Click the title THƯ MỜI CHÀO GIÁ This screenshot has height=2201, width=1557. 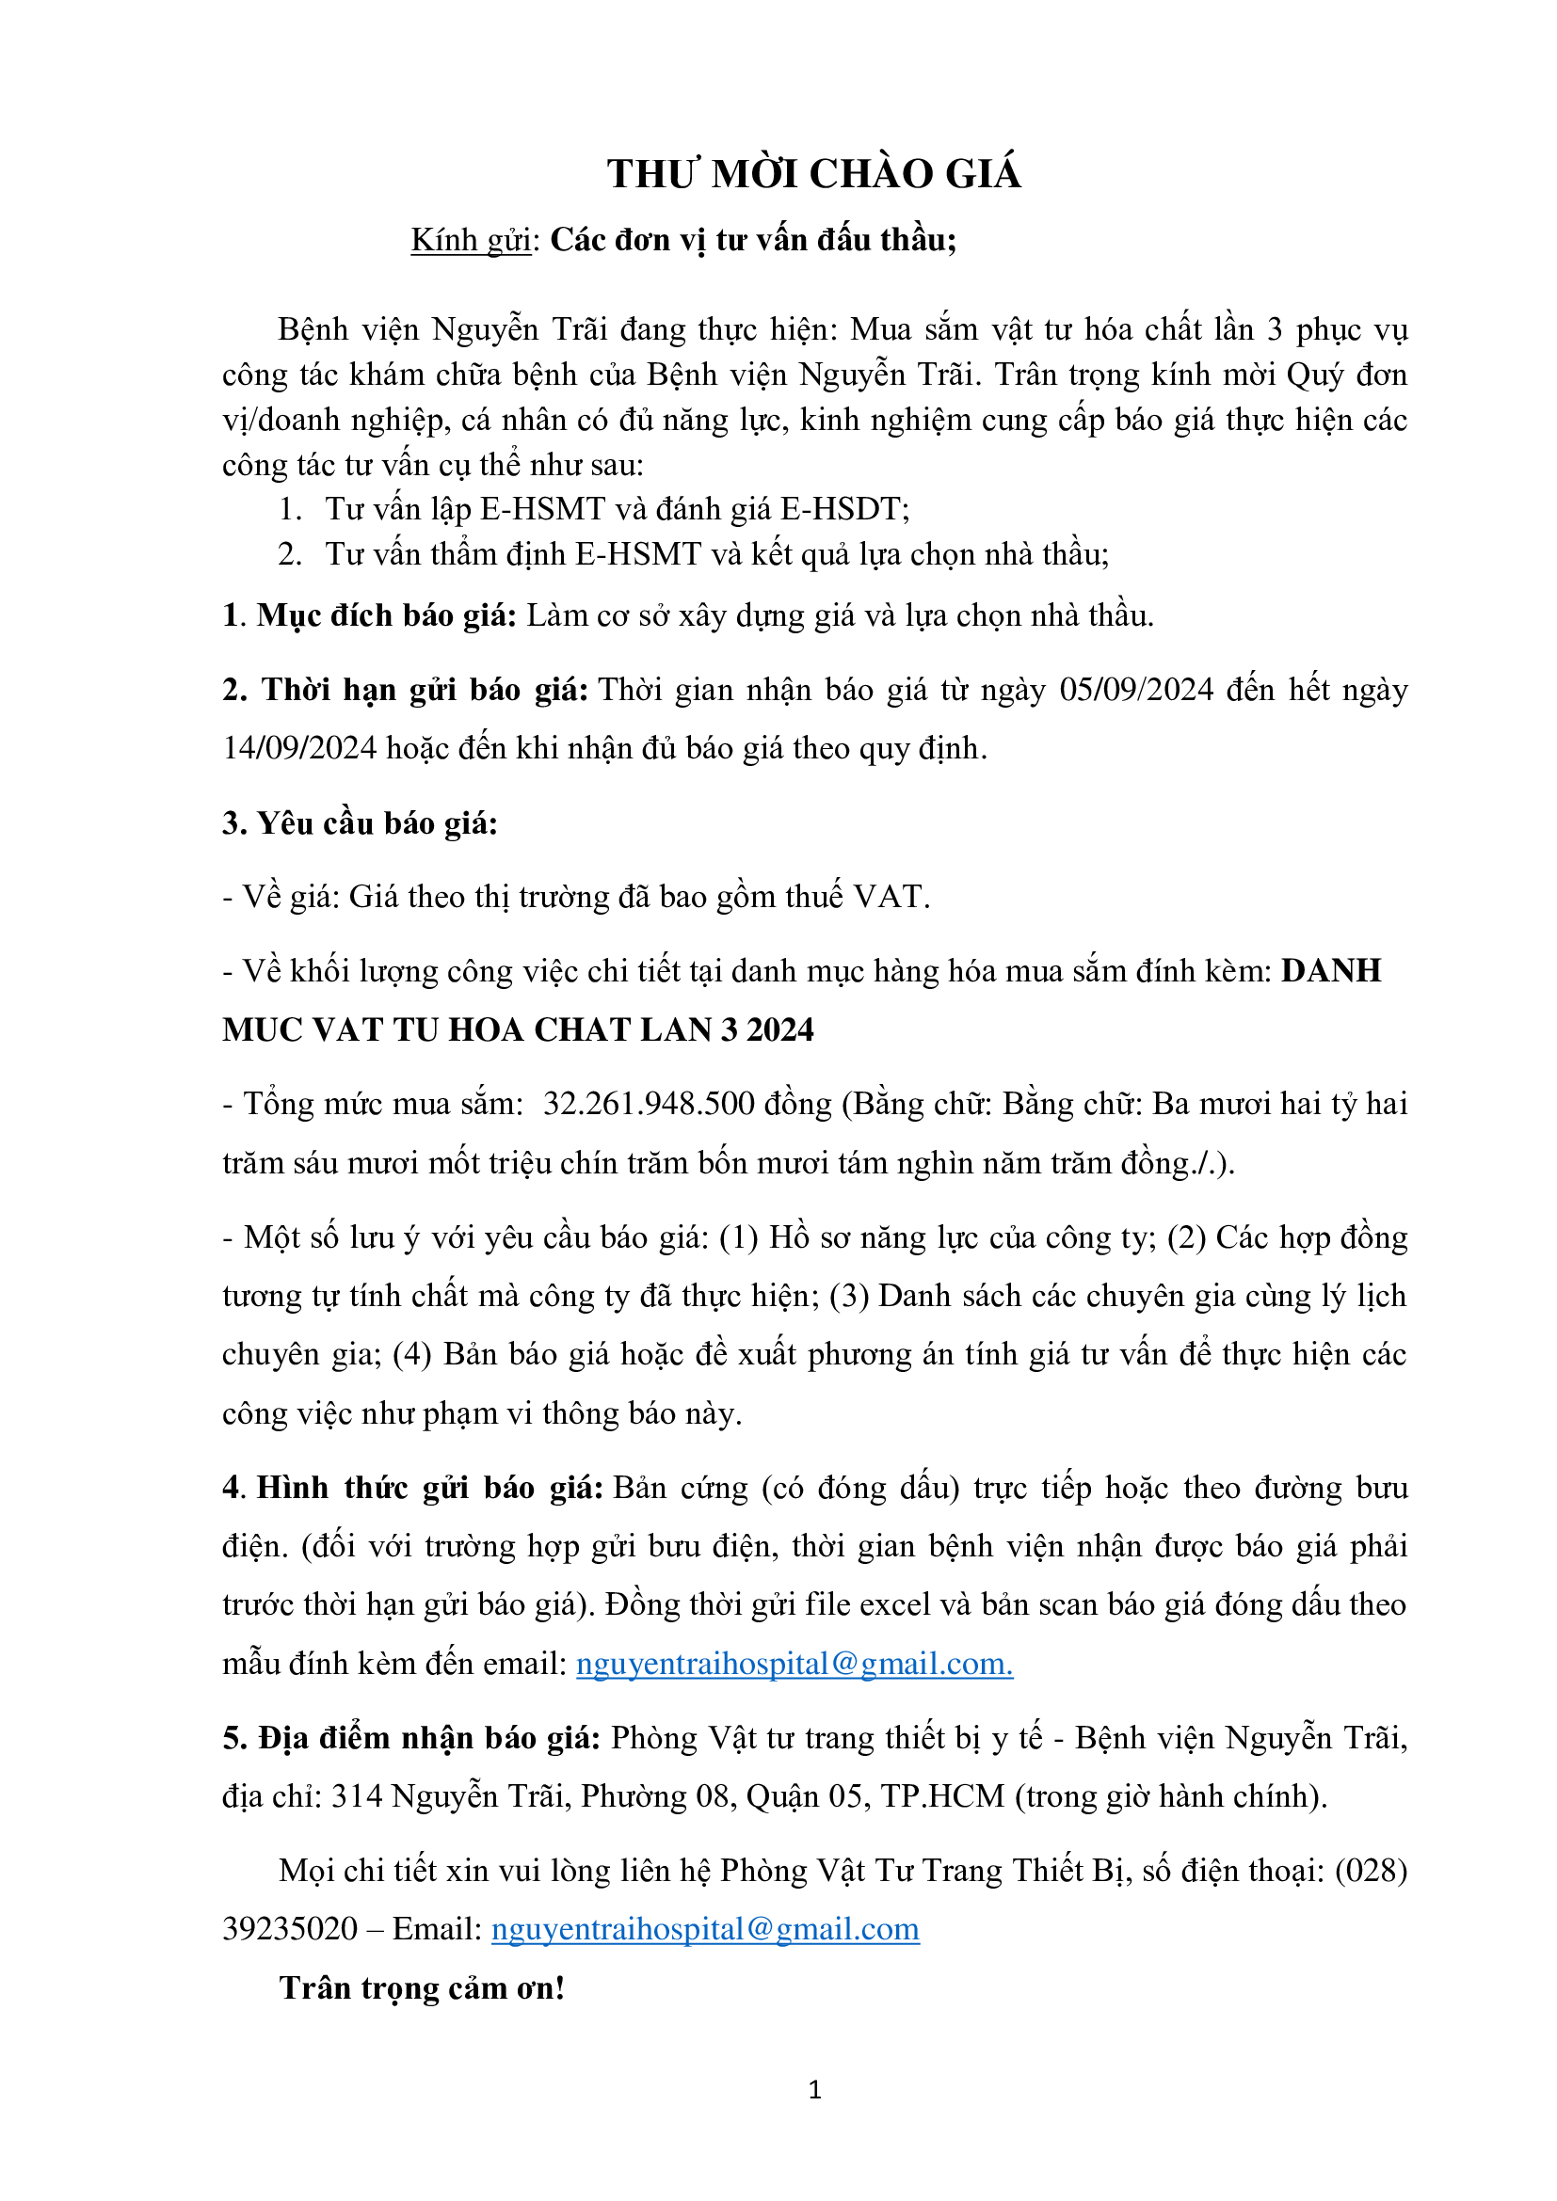[x=813, y=174]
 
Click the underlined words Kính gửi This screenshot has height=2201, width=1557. [x=471, y=240]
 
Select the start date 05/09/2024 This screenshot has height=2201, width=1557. [x=1136, y=690]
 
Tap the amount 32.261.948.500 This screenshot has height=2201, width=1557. [x=648, y=1105]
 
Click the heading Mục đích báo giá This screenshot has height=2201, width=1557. [x=386, y=615]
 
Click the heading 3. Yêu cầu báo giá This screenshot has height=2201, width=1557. [x=360, y=823]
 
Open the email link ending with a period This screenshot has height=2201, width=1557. [x=794, y=1665]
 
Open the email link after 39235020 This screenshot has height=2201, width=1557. [x=705, y=1929]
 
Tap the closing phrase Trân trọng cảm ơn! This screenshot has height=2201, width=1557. [x=422, y=1988]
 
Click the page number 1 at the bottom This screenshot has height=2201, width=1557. [x=814, y=2090]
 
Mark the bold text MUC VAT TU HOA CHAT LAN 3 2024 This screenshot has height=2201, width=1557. [x=518, y=1030]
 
